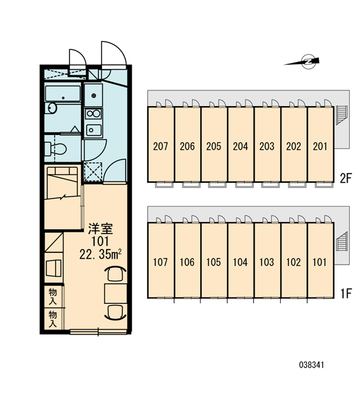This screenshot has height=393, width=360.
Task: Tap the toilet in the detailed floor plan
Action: [x=56, y=149]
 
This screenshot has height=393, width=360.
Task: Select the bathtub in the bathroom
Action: [x=63, y=94]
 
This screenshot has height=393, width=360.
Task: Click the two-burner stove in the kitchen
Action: [x=94, y=114]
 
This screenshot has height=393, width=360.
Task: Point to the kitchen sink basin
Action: [x=94, y=130]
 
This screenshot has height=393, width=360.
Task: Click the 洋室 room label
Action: [x=100, y=229]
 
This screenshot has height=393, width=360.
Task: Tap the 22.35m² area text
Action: [x=100, y=254]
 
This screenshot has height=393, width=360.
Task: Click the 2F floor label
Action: [x=346, y=178]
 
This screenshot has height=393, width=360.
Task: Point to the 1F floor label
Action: [x=346, y=293]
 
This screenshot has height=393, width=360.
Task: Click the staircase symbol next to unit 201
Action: [x=341, y=115]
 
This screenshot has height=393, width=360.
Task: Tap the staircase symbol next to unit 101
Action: [x=341, y=241]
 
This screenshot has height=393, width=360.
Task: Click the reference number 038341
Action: [x=312, y=365]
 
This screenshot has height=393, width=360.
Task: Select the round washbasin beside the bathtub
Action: [x=52, y=108]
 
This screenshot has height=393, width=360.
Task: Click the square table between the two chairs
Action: [x=115, y=293]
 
